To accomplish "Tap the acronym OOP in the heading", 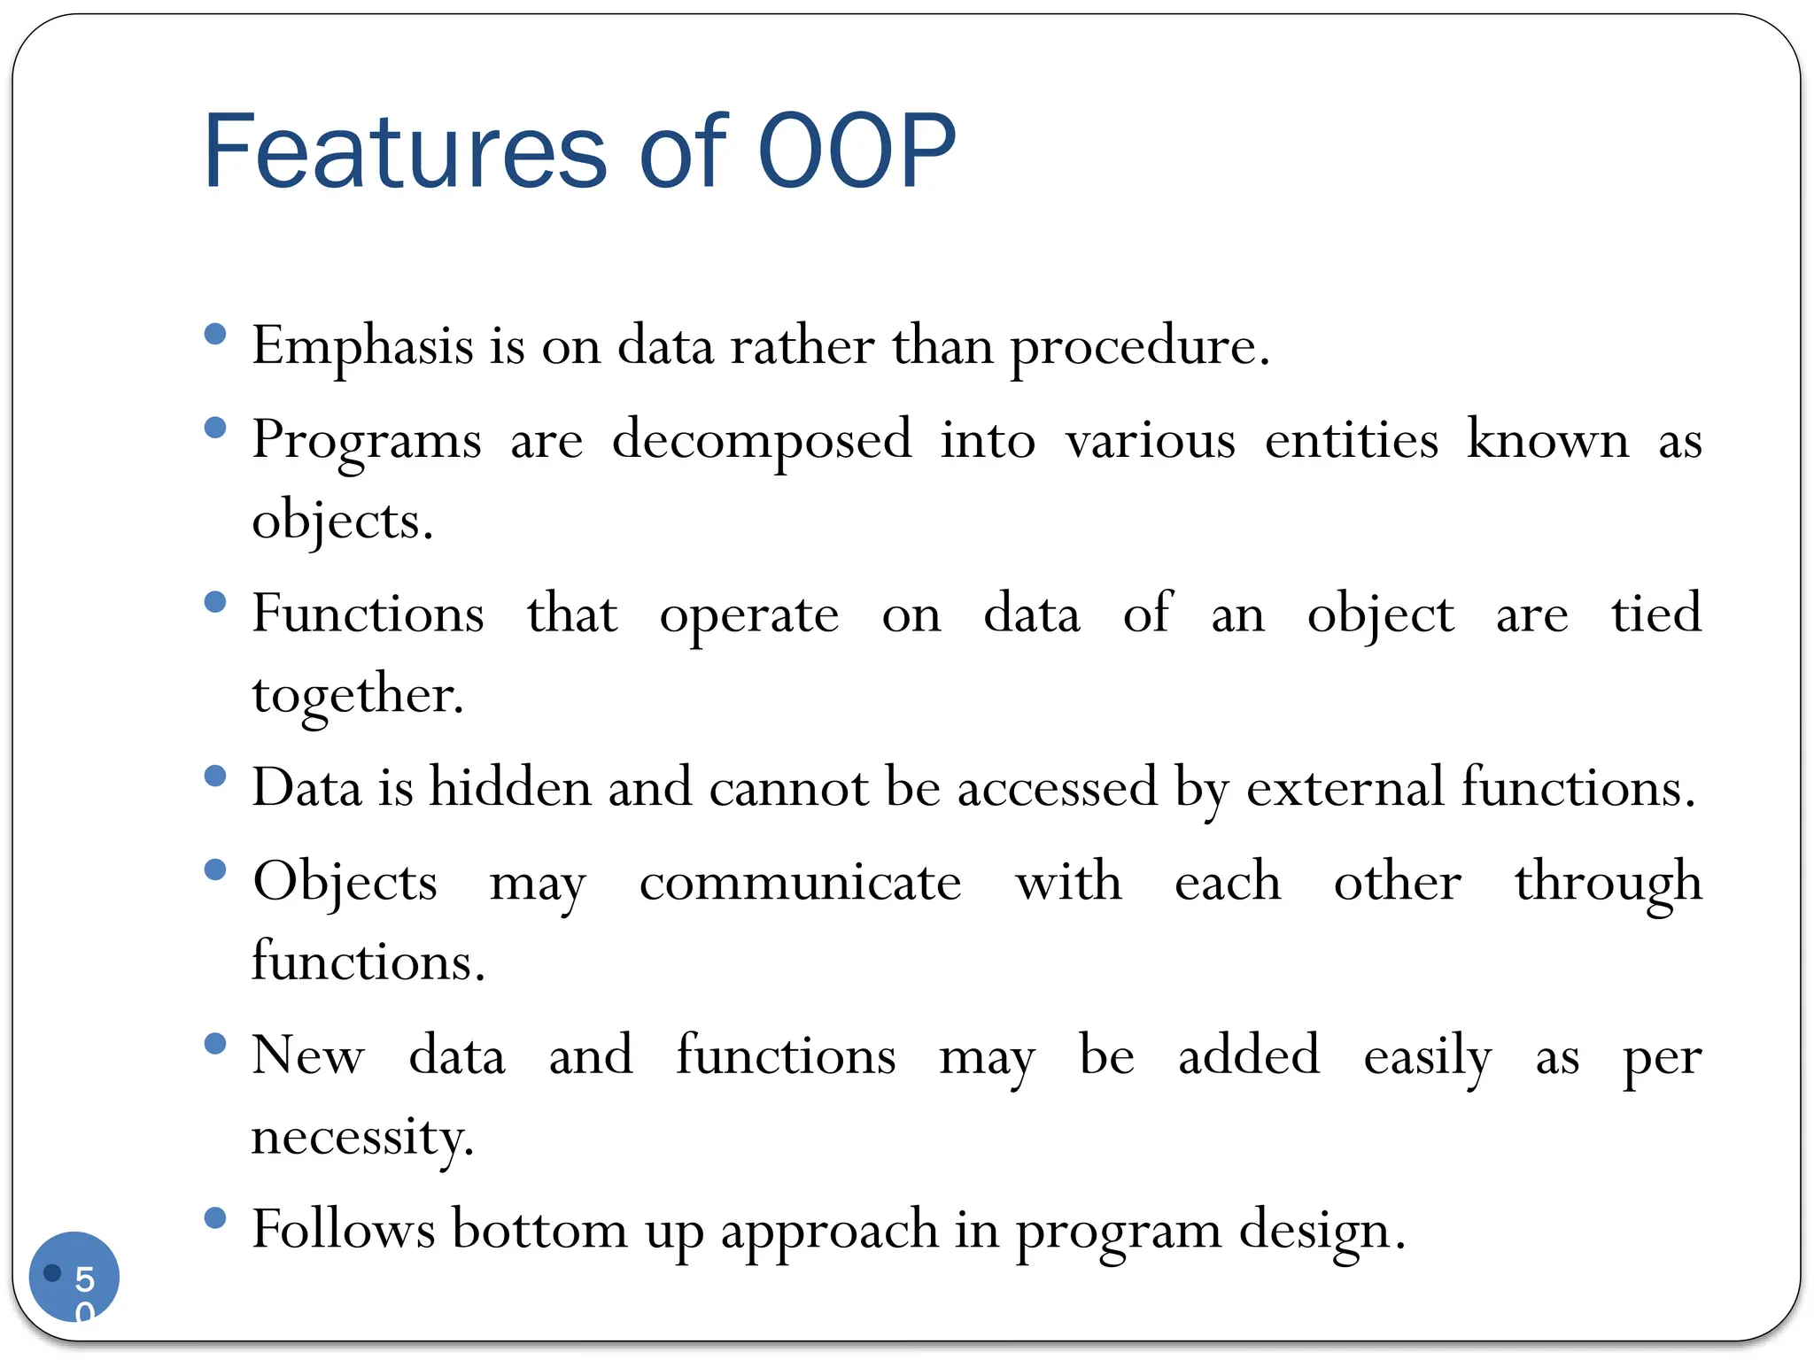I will pos(857,152).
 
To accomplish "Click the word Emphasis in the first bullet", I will pos(362,347).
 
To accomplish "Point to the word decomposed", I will pos(761,440).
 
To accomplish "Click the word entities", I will pos(1351,440).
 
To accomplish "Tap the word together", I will pos(357,696).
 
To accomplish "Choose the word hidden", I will pos(510,787).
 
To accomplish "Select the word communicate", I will pos(800,883).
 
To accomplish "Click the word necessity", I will pos(362,1137).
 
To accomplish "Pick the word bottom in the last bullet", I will pos(539,1230).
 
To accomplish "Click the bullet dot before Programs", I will pos(215,429).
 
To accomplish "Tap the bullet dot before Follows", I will pos(215,1218).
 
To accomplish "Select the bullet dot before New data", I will pos(215,1044).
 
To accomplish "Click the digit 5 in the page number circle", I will pos(84,1279).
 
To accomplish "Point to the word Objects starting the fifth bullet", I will pos(345,883).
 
